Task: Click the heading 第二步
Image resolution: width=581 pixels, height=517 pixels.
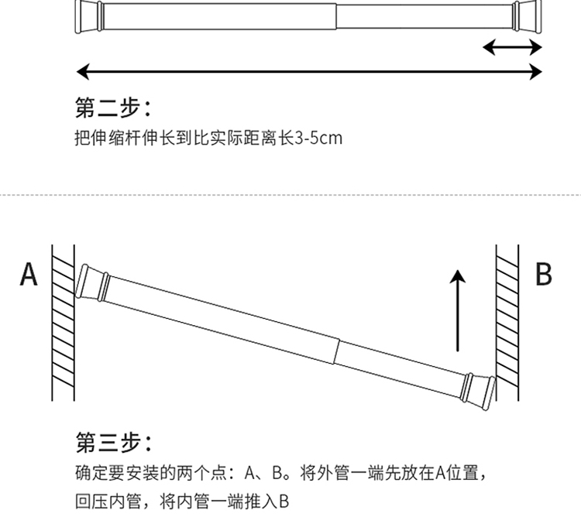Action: pyautogui.click(x=113, y=108)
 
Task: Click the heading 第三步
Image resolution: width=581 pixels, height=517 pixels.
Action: pyautogui.click(x=114, y=441)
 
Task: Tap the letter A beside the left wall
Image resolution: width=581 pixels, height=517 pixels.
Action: pyautogui.click(x=29, y=274)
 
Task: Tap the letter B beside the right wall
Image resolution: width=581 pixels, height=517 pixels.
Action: pyautogui.click(x=544, y=274)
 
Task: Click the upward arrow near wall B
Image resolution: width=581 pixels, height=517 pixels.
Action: pyautogui.click(x=458, y=310)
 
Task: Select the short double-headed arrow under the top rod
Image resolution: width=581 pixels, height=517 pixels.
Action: pyautogui.click(x=513, y=47)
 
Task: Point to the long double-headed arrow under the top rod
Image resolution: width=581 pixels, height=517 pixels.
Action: pyautogui.click(x=309, y=71)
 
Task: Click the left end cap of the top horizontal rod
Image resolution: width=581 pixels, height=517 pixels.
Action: pyautogui.click(x=89, y=17)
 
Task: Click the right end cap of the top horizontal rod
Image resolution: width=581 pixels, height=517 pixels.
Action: pyautogui.click(x=528, y=17)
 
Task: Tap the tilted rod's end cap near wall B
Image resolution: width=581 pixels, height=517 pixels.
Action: pyautogui.click(x=479, y=392)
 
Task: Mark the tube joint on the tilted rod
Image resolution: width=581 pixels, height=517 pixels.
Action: pyautogui.click(x=336, y=351)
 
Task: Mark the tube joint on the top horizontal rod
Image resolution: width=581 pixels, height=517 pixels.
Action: pyautogui.click(x=336, y=17)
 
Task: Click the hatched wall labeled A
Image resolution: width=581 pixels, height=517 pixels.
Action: pyautogui.click(x=63, y=322)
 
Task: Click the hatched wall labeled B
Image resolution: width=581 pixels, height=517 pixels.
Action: pyautogui.click(x=507, y=322)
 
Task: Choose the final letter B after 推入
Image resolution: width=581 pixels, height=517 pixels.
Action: pyautogui.click(x=284, y=502)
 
